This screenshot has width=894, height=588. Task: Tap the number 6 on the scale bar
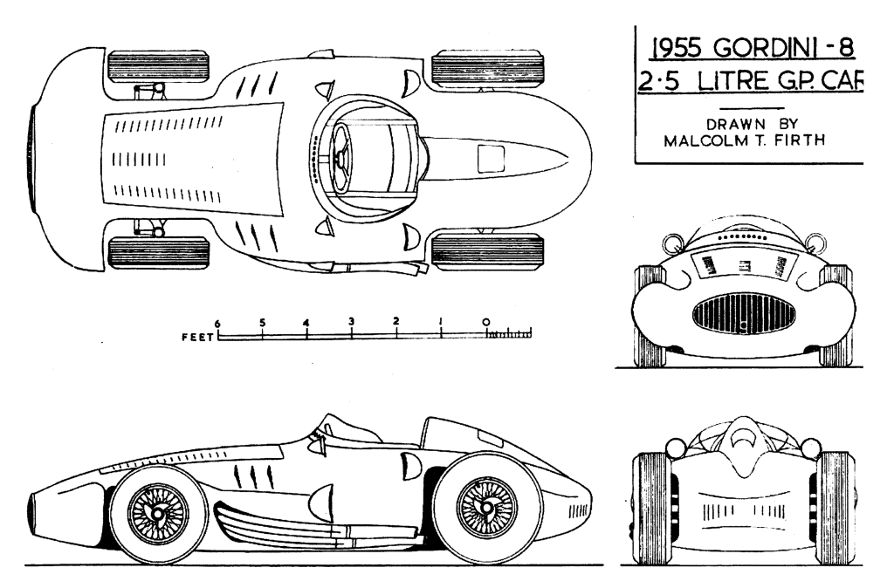217,322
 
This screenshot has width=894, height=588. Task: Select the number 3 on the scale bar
351,322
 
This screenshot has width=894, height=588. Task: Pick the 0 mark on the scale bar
485,322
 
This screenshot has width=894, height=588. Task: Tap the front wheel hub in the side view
157,513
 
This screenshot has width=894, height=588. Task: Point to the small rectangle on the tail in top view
492,158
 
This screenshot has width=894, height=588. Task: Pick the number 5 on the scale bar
262,322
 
